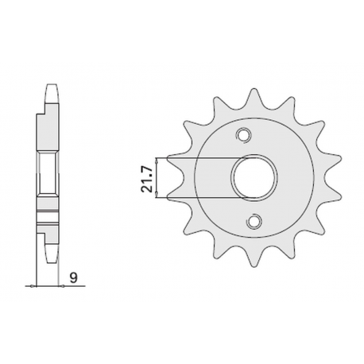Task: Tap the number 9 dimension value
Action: click(72, 278)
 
